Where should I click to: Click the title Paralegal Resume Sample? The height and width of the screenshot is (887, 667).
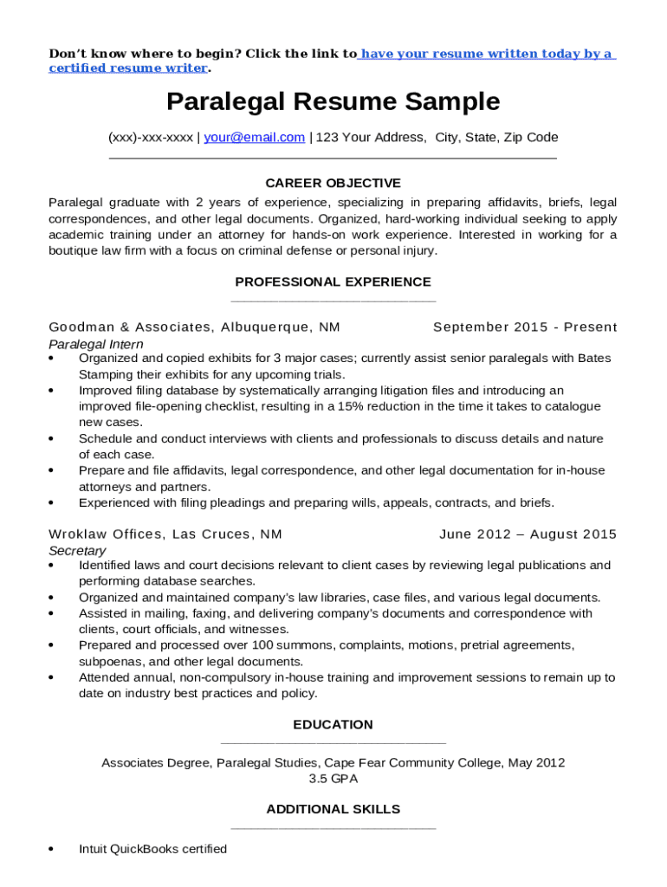333,102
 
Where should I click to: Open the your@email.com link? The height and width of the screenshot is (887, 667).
254,137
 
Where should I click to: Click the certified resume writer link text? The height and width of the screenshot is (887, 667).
128,68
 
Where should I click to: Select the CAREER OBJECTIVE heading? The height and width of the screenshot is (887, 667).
333,183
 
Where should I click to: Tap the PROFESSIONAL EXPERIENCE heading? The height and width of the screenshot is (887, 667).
333,282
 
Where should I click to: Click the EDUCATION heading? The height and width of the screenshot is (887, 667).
333,724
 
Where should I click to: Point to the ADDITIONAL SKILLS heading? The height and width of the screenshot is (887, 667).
333,809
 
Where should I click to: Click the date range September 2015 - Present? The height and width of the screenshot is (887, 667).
525,327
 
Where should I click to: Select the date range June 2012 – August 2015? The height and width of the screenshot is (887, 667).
528,534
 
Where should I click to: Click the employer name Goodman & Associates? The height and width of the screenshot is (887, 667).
130,327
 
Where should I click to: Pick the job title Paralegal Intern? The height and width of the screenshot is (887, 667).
96,344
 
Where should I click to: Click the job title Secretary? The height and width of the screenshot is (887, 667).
77,550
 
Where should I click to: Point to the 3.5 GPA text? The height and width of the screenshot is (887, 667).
333,779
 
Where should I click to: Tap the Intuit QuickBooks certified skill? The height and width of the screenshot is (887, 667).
152,849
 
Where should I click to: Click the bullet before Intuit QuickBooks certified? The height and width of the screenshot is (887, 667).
53,850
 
